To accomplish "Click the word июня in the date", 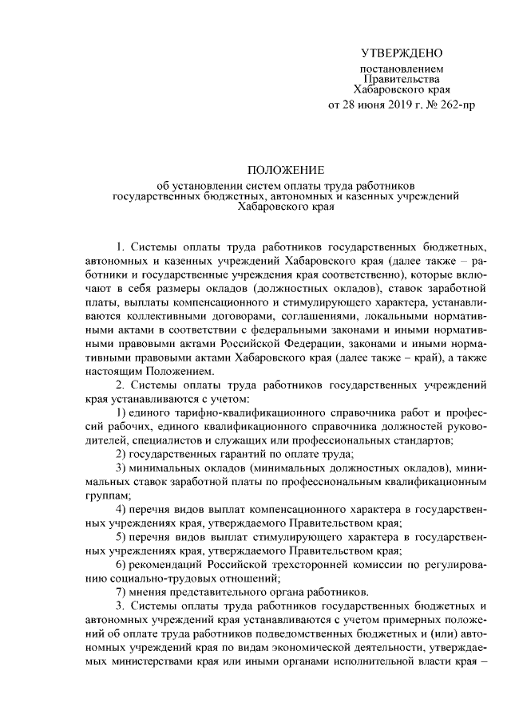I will tap(368, 105).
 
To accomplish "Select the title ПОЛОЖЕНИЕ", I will tap(285, 170).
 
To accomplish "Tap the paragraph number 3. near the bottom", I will tap(121, 606).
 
